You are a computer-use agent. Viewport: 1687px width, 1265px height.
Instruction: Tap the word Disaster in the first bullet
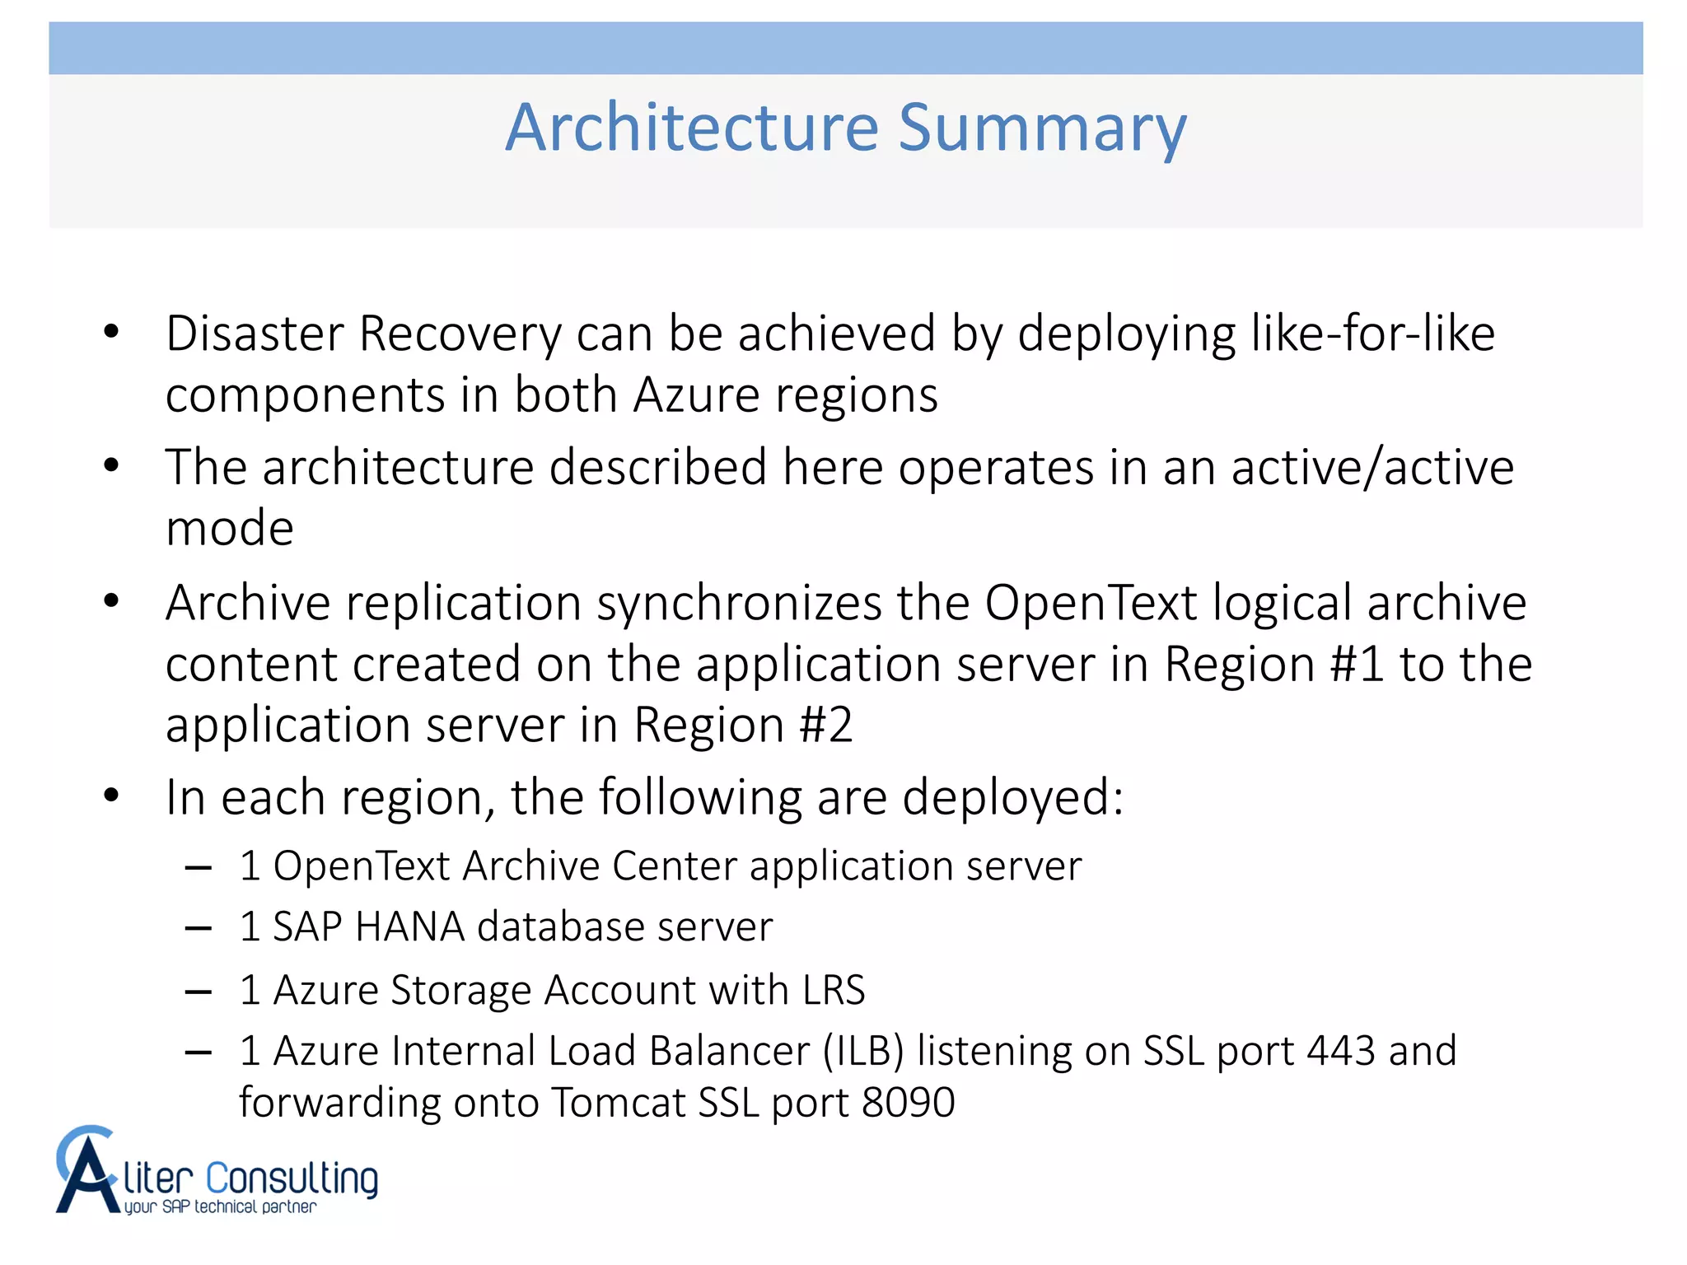[x=255, y=334]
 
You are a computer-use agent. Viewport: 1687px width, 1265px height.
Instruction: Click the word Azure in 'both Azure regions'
[x=696, y=395]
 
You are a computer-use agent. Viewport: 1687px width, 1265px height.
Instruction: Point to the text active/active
[x=1372, y=467]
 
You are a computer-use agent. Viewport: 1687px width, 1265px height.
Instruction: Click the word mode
[x=229, y=528]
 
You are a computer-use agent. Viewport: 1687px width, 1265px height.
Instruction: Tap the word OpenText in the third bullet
[x=1091, y=603]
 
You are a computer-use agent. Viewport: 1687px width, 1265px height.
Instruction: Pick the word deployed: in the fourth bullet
[x=1013, y=797]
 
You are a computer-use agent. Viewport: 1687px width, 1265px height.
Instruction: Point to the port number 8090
[x=908, y=1102]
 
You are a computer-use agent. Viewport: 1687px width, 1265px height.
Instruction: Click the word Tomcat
[x=618, y=1102]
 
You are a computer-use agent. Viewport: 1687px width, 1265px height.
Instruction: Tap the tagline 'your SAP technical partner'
[x=220, y=1207]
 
